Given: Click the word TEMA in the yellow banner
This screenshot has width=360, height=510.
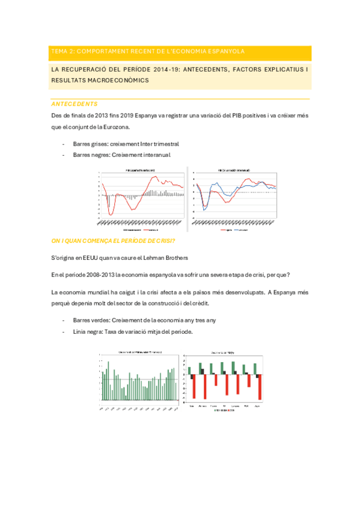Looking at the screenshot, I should [x=59, y=52].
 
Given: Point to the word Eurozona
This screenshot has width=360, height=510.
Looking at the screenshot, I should [x=114, y=127].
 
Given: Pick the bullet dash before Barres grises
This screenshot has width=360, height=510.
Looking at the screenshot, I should [x=64, y=144].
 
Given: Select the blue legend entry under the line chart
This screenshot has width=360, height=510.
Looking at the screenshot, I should [x=243, y=230].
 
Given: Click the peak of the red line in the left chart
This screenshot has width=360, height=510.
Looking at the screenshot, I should [x=158, y=176].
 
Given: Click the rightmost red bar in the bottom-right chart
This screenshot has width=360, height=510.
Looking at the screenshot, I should [x=260, y=386].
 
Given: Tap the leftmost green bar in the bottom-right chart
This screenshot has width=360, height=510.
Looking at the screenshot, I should [x=189, y=370].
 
